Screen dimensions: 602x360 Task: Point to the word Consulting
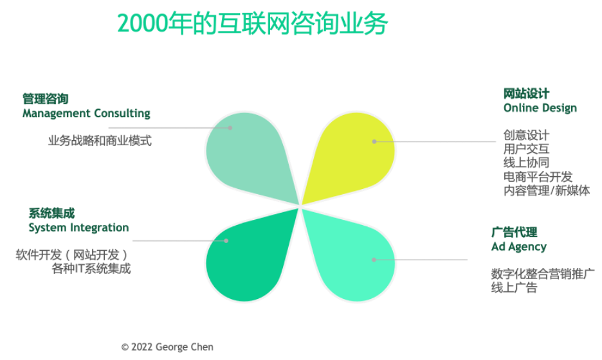coord(122,114)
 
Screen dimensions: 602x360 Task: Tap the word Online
coord(521,108)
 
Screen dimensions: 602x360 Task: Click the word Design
coord(559,108)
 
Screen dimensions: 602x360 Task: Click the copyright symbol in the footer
coord(124,347)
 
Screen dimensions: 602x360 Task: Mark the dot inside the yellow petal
coord(374,141)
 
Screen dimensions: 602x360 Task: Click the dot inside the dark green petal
coord(226,240)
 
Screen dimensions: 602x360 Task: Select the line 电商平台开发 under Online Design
coord(538,177)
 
